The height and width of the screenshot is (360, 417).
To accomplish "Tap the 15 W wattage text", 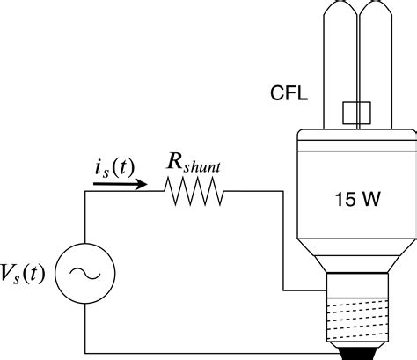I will coord(357,200).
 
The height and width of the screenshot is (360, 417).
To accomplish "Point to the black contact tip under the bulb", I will coord(357,353).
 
